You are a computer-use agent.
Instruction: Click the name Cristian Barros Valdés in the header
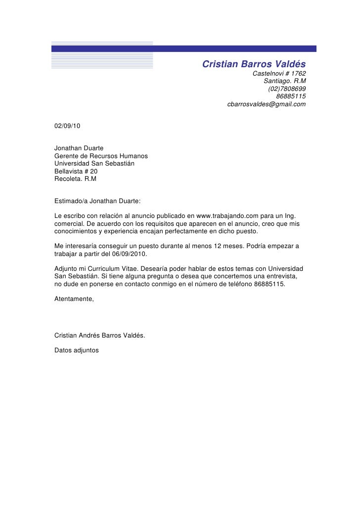coord(254,64)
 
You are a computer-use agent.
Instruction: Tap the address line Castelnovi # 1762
coord(279,74)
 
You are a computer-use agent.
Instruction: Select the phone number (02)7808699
coord(286,89)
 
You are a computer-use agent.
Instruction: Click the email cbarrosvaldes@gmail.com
coord(266,105)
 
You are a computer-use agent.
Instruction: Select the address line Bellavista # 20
coord(76,171)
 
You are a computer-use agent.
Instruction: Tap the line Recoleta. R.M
coord(75,179)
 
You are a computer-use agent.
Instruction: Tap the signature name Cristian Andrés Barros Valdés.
coord(99,336)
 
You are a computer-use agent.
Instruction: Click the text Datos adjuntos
coord(76,350)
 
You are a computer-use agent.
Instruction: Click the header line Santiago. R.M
coord(284,81)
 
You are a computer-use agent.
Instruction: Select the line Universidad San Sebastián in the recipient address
coord(94,163)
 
